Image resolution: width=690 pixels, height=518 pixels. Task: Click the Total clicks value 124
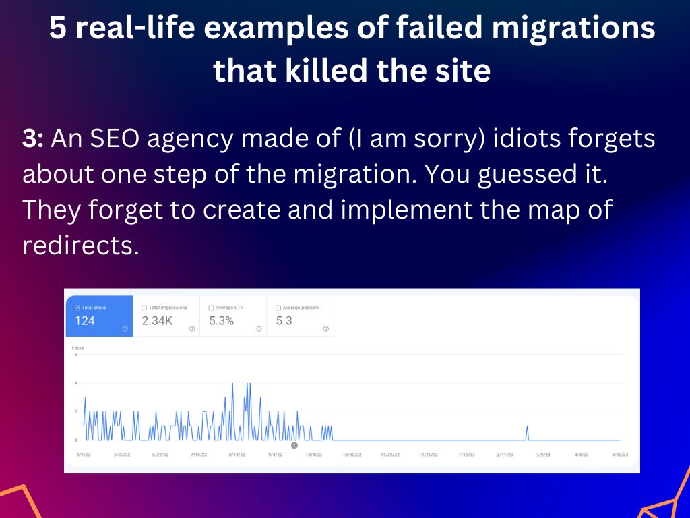85,321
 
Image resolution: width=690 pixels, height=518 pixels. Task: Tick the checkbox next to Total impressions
144,308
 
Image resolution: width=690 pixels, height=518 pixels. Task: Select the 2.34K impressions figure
157,321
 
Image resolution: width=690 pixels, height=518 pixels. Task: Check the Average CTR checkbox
211,308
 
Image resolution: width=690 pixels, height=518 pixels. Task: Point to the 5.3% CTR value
221,321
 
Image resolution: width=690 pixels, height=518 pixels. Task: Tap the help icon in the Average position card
326,329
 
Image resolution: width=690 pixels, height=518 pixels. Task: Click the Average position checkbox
278,308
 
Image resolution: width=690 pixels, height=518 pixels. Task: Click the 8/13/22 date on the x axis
237,455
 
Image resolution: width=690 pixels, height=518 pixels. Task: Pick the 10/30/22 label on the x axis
352,455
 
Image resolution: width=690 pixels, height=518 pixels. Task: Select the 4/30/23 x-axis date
619,455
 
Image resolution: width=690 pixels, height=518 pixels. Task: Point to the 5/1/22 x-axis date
85,455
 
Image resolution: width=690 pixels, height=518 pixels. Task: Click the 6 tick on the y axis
75,355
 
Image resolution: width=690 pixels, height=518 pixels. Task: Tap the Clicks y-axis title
77,348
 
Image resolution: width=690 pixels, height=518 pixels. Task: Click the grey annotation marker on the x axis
294,445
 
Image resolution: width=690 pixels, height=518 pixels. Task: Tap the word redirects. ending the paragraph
80,245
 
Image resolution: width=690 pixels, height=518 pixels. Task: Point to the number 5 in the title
58,30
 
